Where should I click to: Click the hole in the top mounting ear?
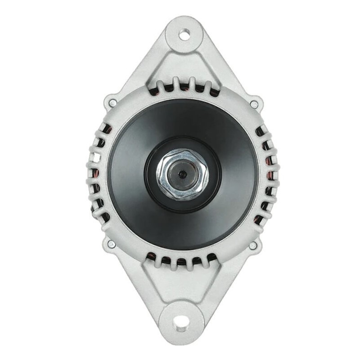pos(184,34)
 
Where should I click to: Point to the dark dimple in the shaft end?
pos(182,174)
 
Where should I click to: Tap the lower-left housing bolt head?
pos(110,244)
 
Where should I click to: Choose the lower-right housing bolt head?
pos(253,245)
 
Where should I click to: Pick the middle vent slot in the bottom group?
pos(181,261)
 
